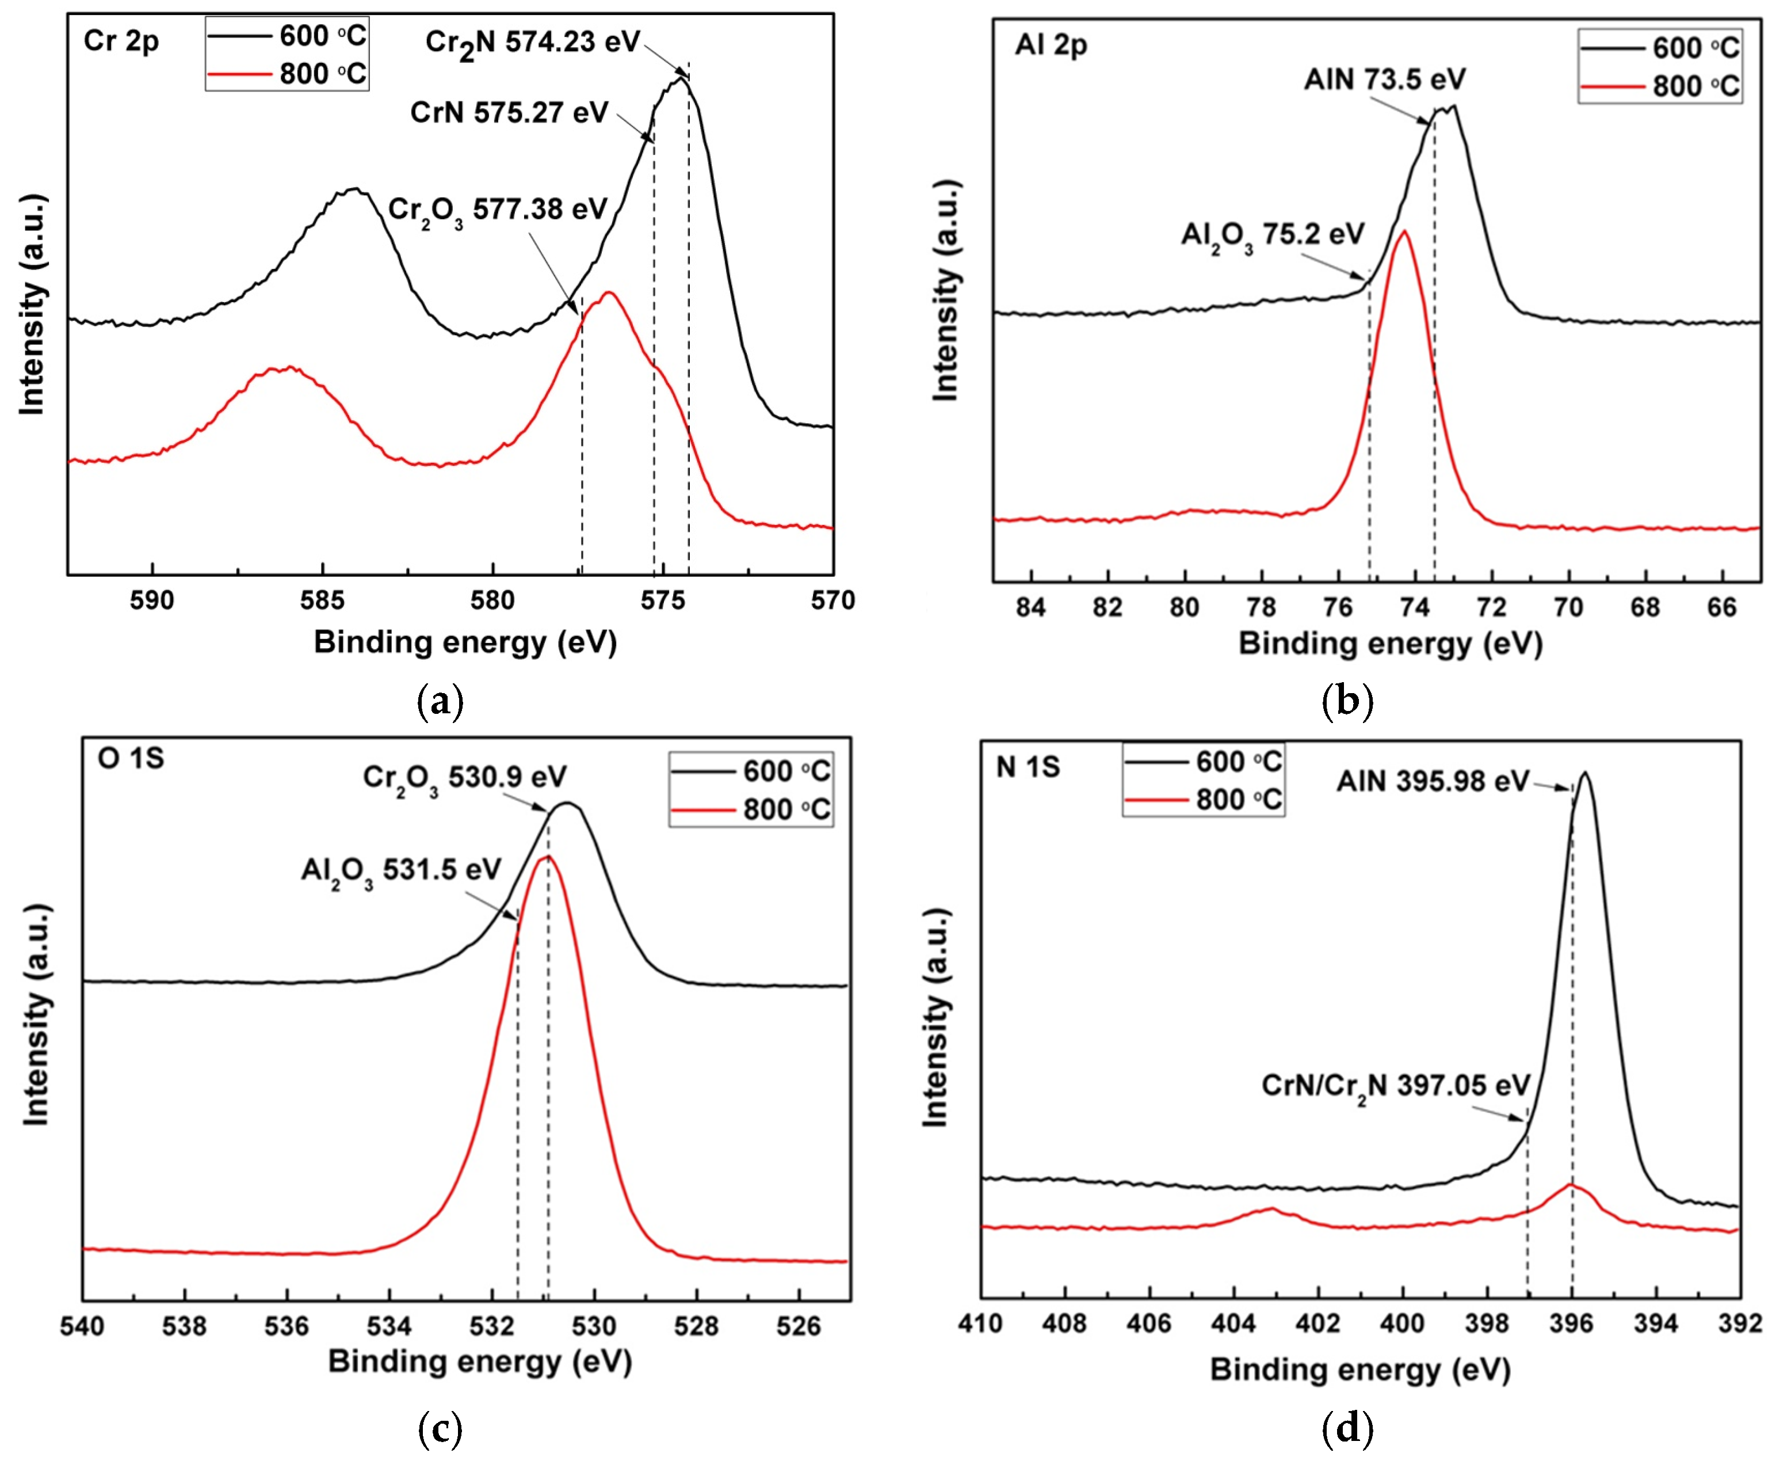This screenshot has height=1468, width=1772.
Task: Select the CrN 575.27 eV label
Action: click(x=509, y=112)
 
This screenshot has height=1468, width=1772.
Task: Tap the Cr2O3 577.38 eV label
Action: click(x=497, y=210)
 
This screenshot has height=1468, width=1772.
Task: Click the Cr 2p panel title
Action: click(x=121, y=40)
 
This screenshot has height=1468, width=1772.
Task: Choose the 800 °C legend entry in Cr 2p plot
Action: click(x=287, y=74)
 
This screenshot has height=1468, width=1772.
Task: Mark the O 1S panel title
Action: click(x=131, y=758)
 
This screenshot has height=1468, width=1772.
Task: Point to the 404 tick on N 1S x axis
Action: click(x=1233, y=1323)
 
